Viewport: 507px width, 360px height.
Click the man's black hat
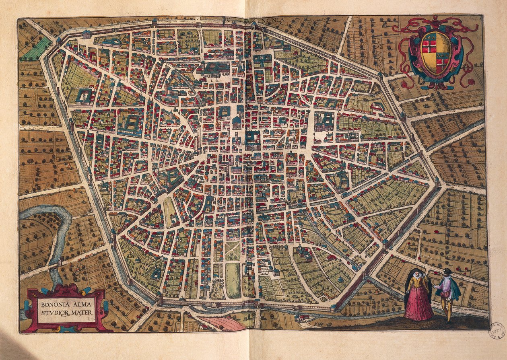pyautogui.click(x=447, y=270)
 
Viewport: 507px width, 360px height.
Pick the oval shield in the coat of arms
pyautogui.click(x=436, y=52)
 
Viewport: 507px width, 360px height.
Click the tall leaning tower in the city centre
pyautogui.click(x=198, y=135)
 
